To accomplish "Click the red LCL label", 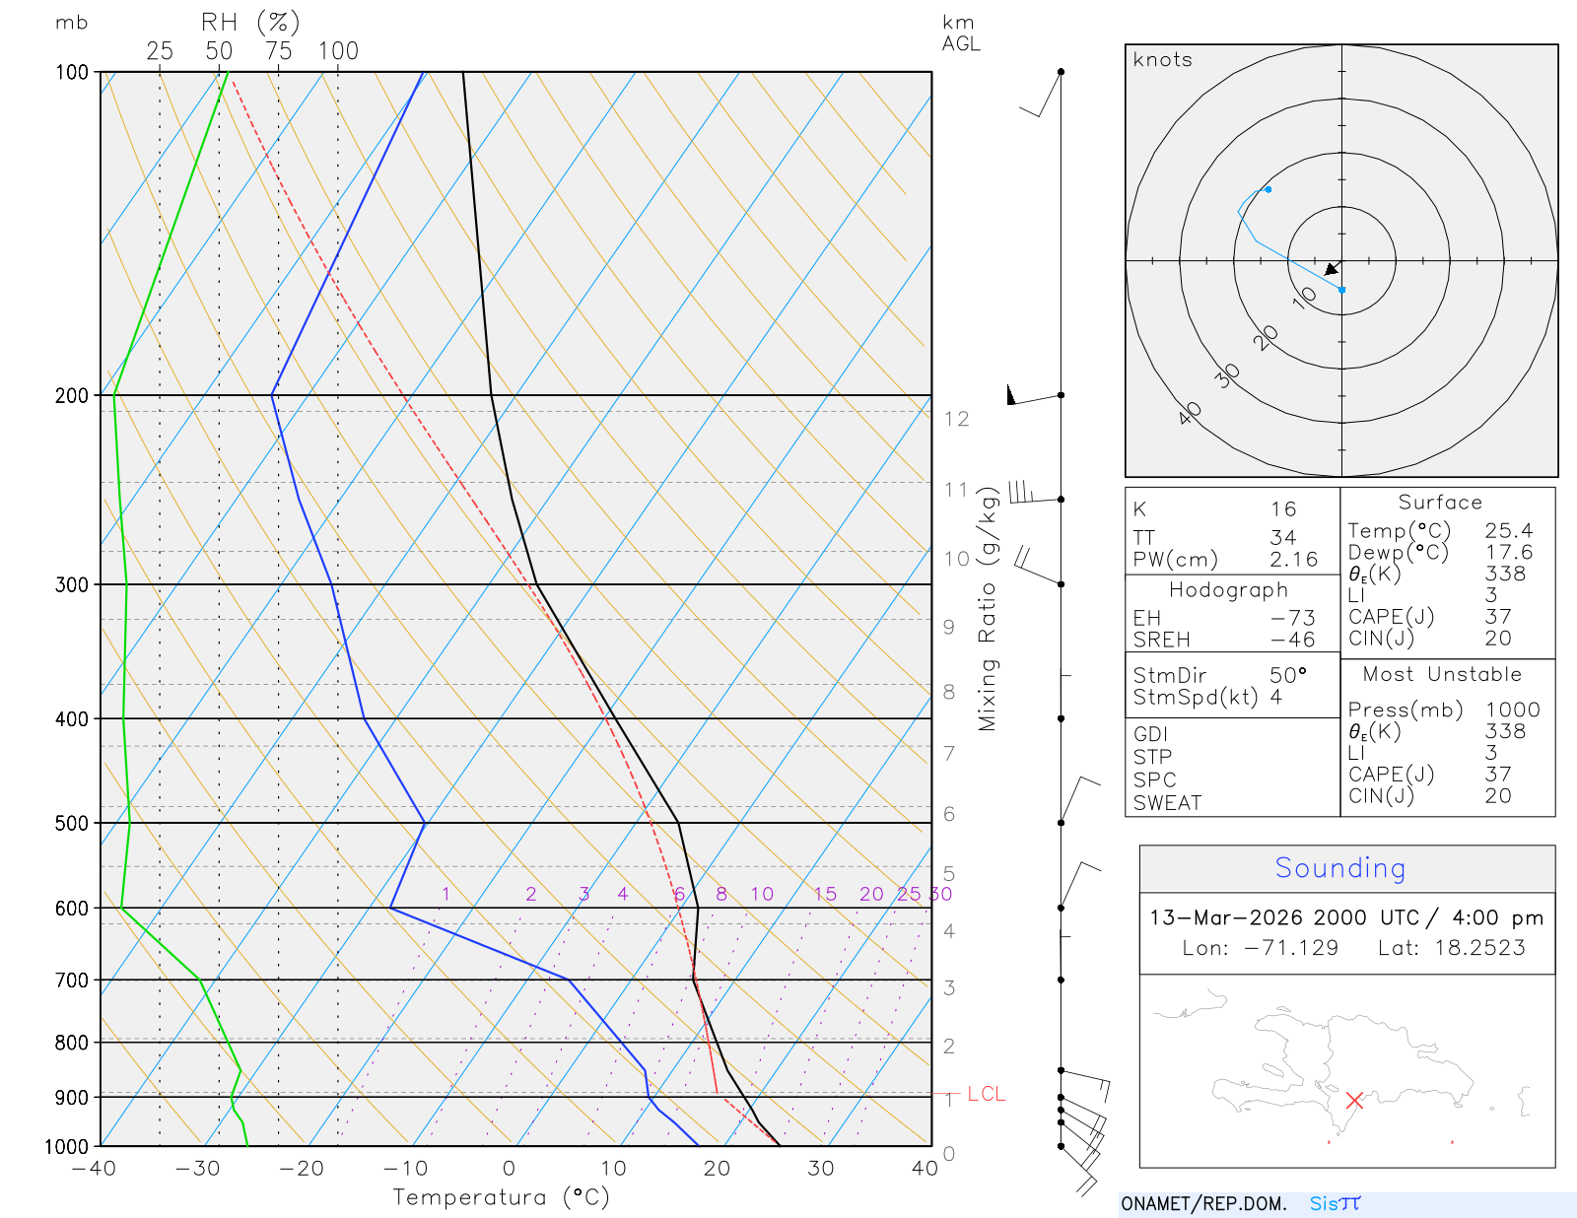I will [x=986, y=1094].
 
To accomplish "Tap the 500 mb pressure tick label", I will [x=72, y=823].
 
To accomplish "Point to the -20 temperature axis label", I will [x=301, y=1169].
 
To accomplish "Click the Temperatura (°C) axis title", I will [x=501, y=1197].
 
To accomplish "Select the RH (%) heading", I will [x=250, y=22].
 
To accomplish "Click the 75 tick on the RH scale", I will [x=279, y=51].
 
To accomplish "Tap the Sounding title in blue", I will [x=1340, y=868].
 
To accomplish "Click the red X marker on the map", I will [x=1354, y=1100].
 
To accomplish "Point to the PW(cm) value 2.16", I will [x=1293, y=560].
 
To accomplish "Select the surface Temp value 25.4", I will [x=1508, y=531].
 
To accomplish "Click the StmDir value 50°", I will [x=1287, y=675].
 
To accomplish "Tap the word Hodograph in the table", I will [x=1228, y=590].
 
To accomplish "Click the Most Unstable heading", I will [x=1442, y=674].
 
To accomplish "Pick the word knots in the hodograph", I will [x=1162, y=60].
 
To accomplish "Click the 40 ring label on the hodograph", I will [x=1191, y=413].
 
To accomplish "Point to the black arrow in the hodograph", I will [x=1333, y=269].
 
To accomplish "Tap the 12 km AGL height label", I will [x=956, y=419].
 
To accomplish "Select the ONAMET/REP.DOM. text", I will [x=1203, y=1204].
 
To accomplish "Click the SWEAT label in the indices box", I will [x=1167, y=803].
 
